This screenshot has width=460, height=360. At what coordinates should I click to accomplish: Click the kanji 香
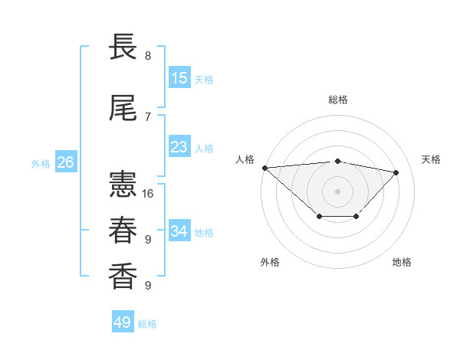123,277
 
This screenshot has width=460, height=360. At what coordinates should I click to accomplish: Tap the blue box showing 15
179,78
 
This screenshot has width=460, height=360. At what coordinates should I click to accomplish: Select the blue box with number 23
179,147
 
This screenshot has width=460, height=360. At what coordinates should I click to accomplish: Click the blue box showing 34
179,231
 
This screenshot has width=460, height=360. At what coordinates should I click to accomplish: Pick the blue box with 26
65,162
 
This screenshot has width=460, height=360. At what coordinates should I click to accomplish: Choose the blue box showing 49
123,322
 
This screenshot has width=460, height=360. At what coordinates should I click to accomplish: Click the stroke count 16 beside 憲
148,193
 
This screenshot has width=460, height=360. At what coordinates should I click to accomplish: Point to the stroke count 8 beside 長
148,55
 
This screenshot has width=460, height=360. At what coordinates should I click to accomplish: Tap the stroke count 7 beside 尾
148,116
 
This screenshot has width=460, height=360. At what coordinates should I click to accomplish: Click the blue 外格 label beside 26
41,163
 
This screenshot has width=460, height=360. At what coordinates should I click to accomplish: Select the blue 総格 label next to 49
147,324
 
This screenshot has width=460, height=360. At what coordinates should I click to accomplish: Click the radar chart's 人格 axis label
245,159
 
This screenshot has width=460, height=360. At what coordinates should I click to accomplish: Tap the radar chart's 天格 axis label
431,159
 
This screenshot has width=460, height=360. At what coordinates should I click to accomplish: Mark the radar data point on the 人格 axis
264,168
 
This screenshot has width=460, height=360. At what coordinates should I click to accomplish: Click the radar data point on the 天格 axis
396,172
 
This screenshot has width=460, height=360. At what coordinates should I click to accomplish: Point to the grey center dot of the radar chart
337,191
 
